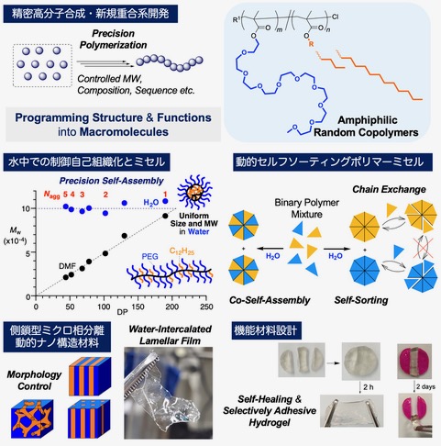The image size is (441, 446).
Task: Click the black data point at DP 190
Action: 165,216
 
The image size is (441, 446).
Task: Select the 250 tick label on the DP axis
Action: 206,307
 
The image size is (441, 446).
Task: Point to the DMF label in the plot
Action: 67,266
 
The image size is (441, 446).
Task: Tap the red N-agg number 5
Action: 65,195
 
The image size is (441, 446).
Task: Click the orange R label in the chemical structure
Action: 311,44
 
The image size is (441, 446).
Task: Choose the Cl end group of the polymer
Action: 336,17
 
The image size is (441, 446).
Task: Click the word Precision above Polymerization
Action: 114,33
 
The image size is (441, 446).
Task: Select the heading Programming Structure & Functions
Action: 114,117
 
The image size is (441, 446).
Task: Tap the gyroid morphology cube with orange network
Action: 32,418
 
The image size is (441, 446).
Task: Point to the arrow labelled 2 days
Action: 414,387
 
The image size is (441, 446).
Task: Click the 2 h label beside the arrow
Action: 369,387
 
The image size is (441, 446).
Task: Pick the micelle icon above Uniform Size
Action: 194,192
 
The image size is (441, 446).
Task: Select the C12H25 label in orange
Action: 182,251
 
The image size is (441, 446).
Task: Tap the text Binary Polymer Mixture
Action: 306,208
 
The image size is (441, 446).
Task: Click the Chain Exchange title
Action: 389,189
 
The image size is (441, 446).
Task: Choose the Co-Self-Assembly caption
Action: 270,300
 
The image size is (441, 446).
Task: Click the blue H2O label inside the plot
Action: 151,203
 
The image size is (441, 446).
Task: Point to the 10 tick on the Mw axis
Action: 26,208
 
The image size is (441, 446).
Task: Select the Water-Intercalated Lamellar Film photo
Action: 169,393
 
